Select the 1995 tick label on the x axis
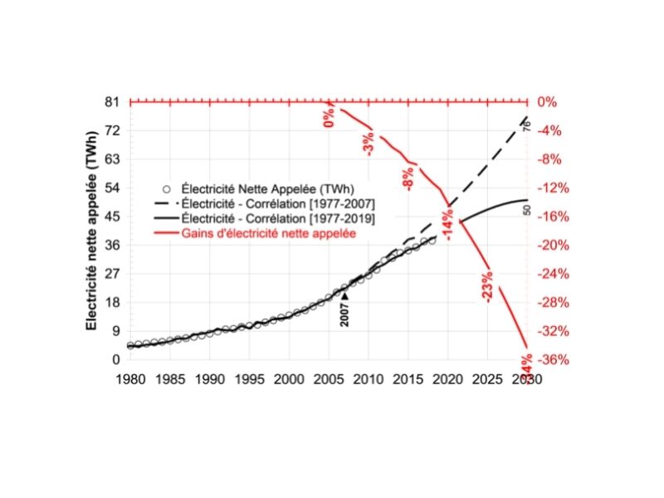click(249, 378)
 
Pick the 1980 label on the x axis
click(130, 378)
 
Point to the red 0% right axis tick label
click(549, 102)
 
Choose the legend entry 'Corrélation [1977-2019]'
click(279, 219)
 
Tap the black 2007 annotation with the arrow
click(344, 310)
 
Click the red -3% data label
click(368, 144)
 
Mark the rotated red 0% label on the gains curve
click(330, 117)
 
